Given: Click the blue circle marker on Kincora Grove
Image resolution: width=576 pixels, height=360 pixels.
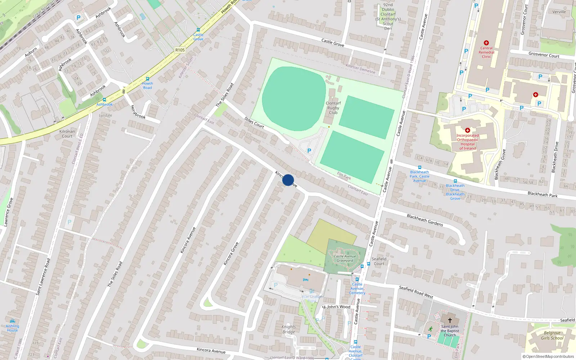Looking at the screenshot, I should (288, 180).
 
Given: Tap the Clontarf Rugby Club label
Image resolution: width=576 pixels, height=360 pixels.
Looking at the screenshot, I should (333, 108).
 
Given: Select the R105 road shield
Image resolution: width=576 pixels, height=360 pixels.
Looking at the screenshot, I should (180, 50).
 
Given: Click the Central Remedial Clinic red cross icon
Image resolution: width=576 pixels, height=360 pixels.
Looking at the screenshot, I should (486, 43).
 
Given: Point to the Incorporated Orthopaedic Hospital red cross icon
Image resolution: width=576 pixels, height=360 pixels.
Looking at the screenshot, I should (468, 130).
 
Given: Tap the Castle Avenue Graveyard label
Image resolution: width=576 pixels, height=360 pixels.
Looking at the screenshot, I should (345, 258).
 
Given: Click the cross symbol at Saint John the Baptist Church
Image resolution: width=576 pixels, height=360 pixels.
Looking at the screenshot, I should (450, 320).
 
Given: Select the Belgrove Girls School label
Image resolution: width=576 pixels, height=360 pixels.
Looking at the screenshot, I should (552, 336).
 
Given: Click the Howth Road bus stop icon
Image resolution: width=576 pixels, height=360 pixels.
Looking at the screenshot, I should (147, 79).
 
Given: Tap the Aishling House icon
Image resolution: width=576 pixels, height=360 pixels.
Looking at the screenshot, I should (13, 321).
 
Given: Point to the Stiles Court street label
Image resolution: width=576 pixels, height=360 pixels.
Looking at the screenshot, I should (254, 122).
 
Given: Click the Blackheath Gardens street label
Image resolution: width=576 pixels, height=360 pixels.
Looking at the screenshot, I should (425, 220).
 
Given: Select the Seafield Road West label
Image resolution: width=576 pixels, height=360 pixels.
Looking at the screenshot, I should (416, 292).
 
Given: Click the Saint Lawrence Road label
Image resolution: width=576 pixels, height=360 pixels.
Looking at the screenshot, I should (43, 277).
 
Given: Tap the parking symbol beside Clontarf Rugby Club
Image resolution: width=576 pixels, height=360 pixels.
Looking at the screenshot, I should (309, 151).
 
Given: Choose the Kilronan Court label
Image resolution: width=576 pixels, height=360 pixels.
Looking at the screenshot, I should (67, 134).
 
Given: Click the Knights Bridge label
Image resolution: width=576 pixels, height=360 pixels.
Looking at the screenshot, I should (289, 329).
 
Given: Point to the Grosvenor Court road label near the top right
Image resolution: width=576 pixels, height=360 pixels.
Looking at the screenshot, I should (544, 55).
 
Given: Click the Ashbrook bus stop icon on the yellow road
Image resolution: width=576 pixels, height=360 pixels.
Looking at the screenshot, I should (104, 100).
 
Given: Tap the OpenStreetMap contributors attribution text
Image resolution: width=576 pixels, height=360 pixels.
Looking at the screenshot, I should (548, 356).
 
